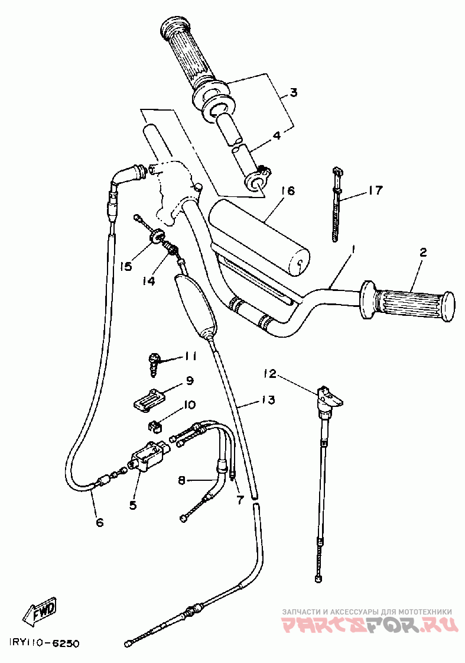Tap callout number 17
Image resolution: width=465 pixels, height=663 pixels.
375,190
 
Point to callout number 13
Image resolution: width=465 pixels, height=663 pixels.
267,400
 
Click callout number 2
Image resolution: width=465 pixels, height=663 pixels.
422,253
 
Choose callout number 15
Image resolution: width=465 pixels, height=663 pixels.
125,266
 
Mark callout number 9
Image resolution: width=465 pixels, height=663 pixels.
190,380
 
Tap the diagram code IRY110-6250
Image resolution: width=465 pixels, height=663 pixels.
44,643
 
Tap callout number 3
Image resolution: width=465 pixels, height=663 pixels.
293,93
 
